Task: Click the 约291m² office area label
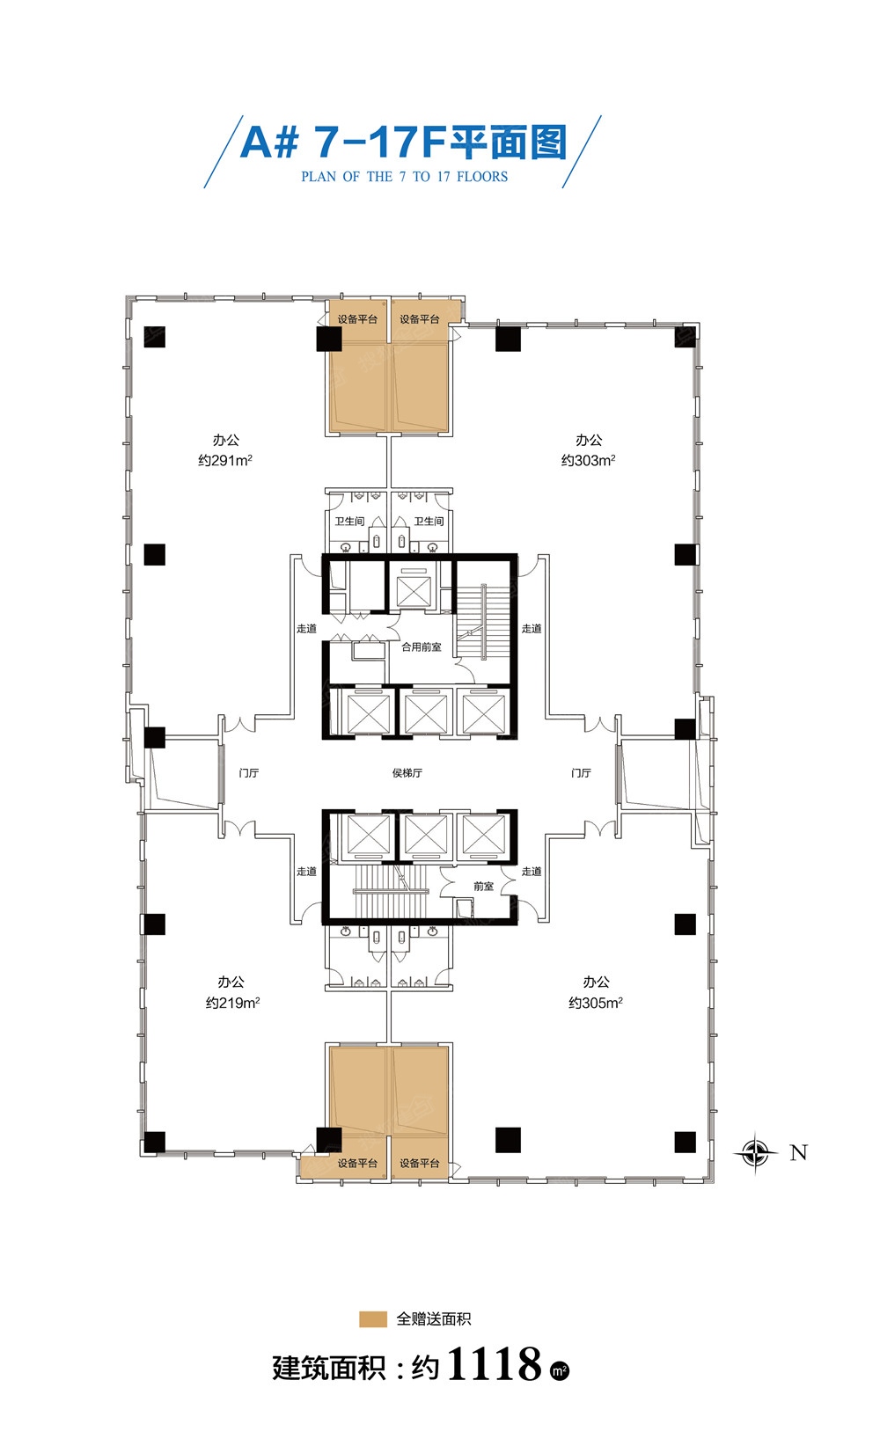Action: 225,460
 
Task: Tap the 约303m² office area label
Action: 588,460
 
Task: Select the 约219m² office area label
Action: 232,1003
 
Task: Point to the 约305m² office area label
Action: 595,1003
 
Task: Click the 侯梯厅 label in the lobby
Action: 407,773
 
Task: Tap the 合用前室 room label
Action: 422,646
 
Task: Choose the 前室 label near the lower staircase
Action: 484,887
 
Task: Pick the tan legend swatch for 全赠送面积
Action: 372,1319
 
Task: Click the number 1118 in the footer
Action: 494,1364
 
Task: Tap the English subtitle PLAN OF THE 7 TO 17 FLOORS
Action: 404,176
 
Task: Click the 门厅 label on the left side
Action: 248,773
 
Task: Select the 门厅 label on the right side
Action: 581,773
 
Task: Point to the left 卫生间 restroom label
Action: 349,522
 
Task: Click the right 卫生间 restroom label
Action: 429,522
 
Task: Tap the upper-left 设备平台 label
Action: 357,319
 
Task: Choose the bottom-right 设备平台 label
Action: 419,1164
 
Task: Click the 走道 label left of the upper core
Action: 306,629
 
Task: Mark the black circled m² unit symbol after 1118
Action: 560,1369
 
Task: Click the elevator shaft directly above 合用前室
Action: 414,588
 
